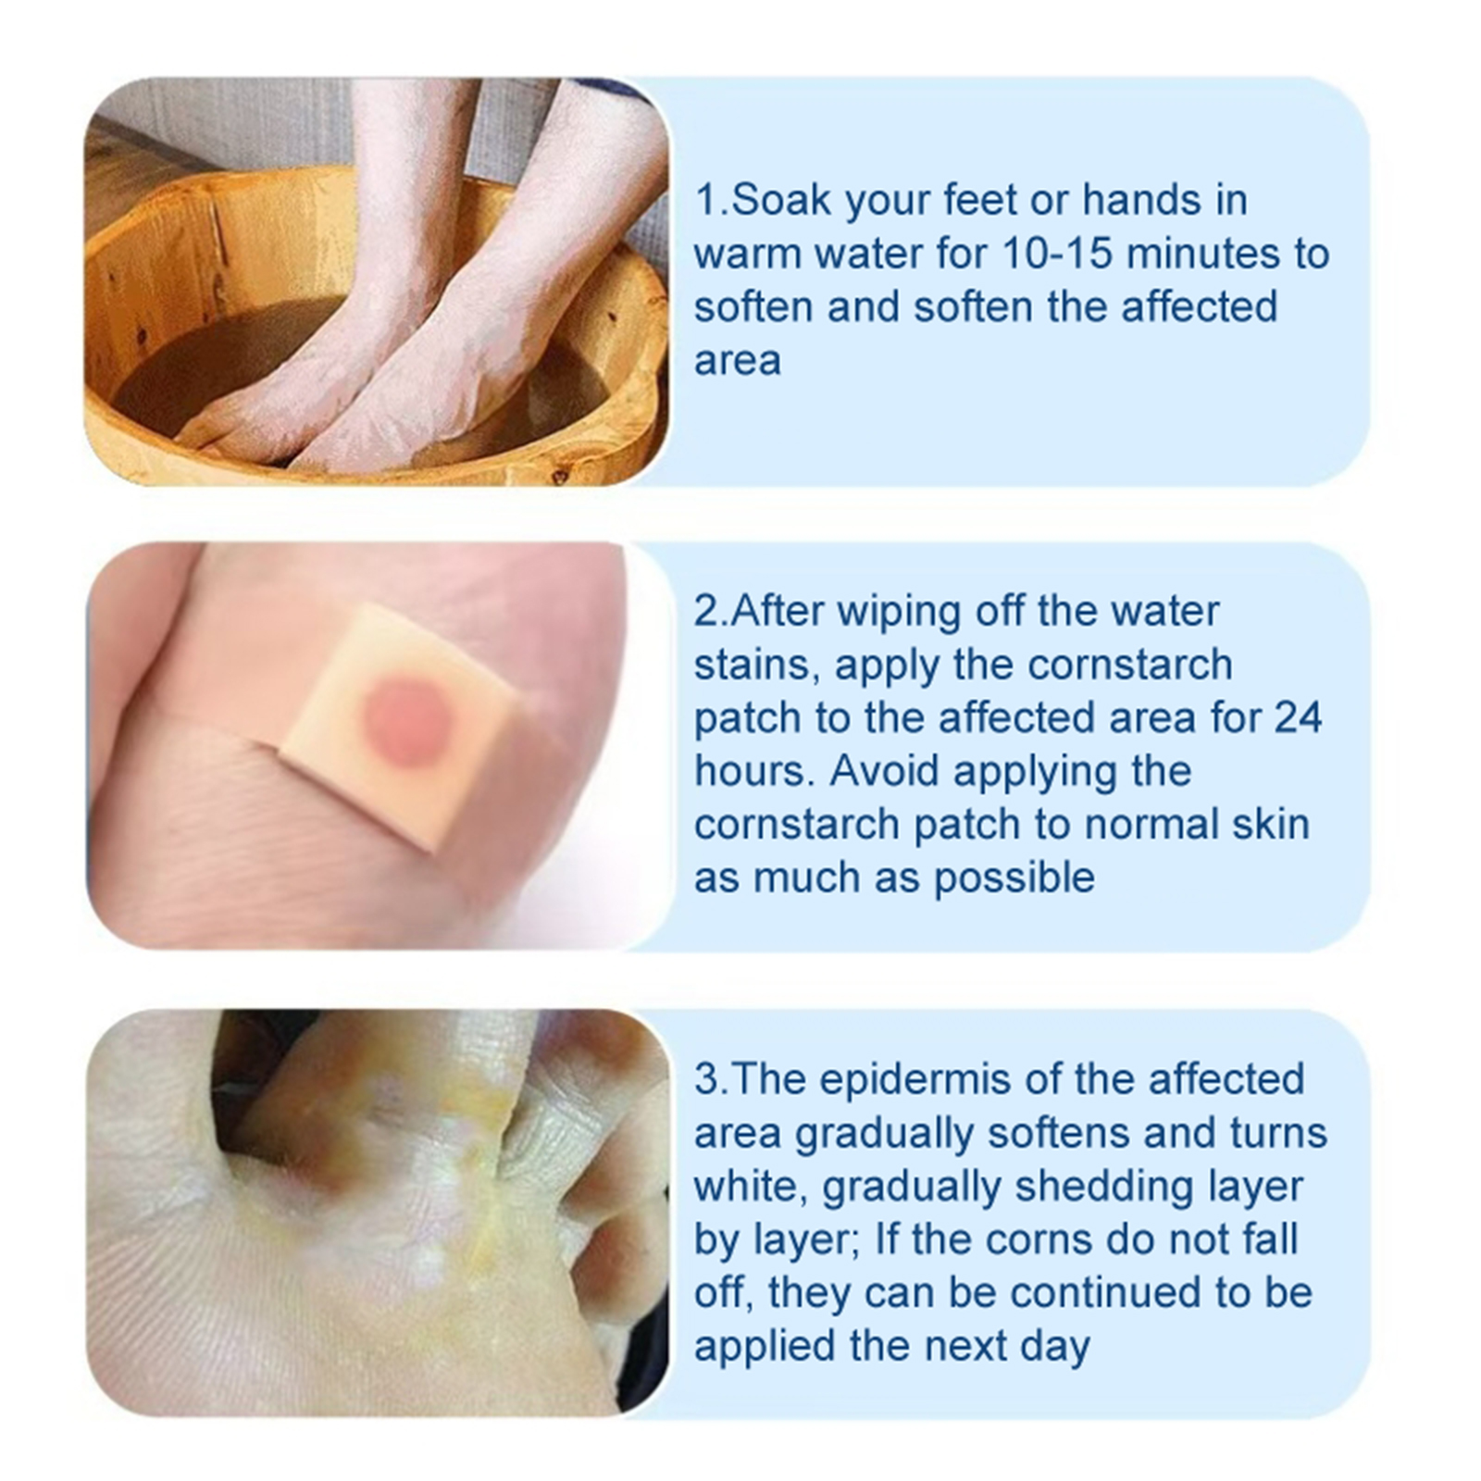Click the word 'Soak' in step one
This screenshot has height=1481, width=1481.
[x=779, y=200]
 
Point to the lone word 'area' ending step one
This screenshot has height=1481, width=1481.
[x=737, y=361]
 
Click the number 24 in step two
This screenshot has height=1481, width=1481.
[x=1297, y=718]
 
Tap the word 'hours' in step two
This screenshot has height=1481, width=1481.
[x=753, y=771]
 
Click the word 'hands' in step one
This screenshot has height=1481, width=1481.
[x=1140, y=200]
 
